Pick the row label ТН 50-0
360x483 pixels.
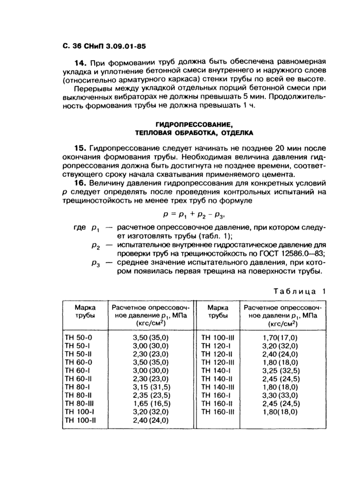[78, 337]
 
